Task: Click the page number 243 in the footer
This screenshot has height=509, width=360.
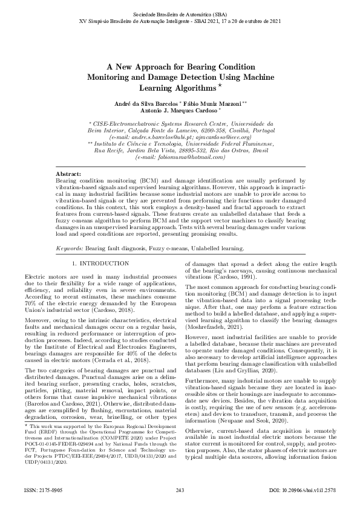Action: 180,490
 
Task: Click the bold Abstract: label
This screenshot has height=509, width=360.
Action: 68,173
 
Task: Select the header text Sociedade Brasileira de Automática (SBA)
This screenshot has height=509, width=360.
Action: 180,13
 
